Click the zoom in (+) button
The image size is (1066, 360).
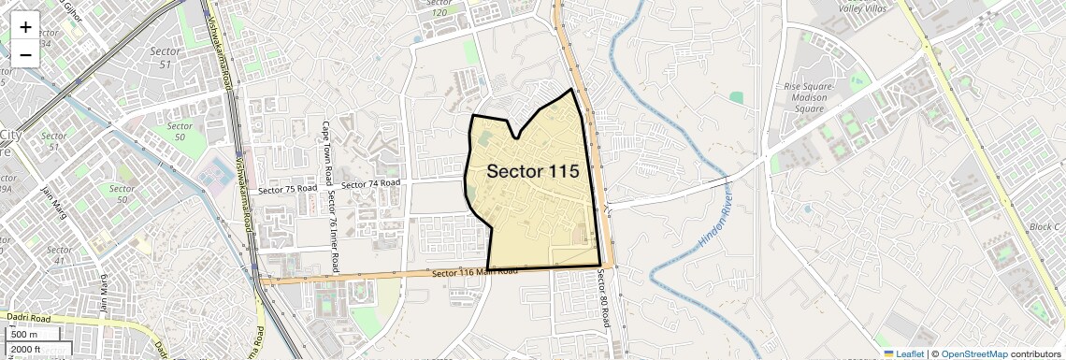coord(25,27)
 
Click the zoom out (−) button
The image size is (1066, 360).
coord(25,54)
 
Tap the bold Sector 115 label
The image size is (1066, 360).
coord(533,172)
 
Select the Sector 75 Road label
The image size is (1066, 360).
coord(287,189)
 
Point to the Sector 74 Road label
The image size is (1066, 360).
coord(371,184)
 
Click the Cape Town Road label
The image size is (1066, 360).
coord(326,155)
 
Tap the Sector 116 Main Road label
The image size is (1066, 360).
coord(475,272)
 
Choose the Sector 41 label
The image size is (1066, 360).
coord(59,255)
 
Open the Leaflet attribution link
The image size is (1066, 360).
coord(903,354)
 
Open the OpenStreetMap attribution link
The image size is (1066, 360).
coord(973,354)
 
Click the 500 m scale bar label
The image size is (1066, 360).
coord(25,335)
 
